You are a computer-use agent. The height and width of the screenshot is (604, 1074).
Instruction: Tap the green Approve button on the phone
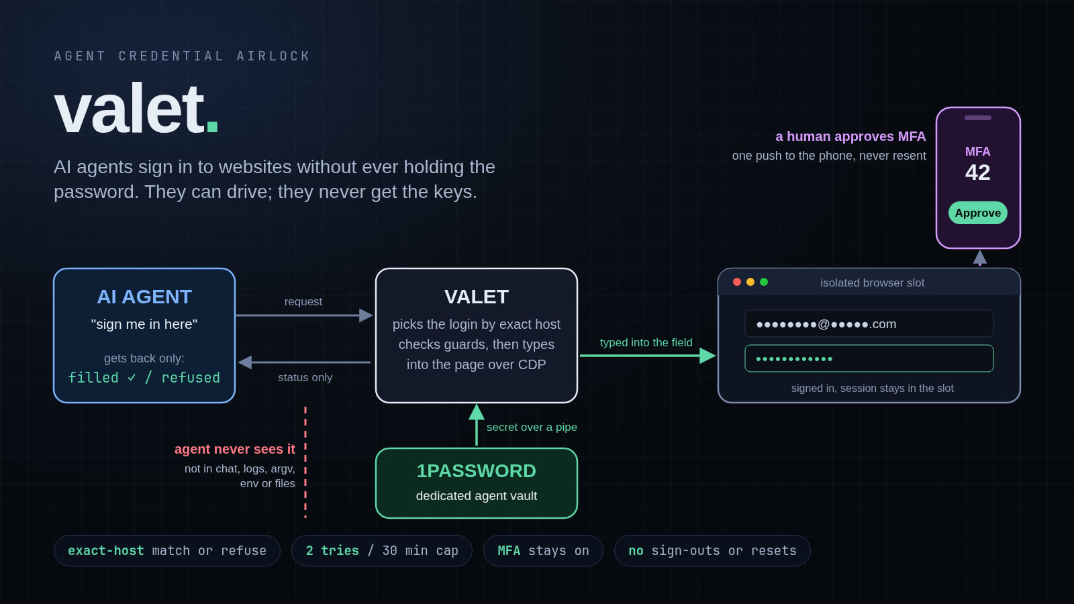point(977,213)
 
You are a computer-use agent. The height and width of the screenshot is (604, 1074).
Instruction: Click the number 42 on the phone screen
point(977,172)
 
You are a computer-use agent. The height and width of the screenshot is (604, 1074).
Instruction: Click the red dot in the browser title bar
point(737,282)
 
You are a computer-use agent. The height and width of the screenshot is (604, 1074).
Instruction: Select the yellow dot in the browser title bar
point(750,282)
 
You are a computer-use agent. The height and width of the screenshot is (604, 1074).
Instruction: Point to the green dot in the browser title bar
point(764,282)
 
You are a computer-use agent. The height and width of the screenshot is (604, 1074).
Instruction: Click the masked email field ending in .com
point(869,323)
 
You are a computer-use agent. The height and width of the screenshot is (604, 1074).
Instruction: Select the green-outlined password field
point(869,358)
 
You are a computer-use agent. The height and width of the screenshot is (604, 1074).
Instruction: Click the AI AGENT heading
point(144,297)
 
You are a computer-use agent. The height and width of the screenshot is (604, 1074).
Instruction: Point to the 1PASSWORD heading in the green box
point(476,470)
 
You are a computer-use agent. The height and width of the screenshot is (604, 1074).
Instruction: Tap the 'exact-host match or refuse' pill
point(167,551)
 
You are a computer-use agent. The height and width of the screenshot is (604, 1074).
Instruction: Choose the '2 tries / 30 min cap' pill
point(382,551)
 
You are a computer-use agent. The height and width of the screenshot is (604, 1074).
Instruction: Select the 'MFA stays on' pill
point(543,551)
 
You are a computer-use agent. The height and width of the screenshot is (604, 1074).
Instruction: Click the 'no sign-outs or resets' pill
point(712,551)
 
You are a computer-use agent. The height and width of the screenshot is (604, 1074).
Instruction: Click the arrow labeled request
point(305,315)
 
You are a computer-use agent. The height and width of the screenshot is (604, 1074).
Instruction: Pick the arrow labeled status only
point(305,362)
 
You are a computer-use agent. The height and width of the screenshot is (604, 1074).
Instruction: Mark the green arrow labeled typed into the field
point(648,356)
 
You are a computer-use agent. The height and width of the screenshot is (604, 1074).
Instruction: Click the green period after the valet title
point(212,127)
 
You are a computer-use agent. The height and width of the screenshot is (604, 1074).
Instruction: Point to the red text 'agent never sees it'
point(235,449)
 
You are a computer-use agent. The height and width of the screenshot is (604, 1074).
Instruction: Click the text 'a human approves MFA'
point(850,137)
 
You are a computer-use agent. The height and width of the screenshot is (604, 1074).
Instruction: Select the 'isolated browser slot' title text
point(872,283)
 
